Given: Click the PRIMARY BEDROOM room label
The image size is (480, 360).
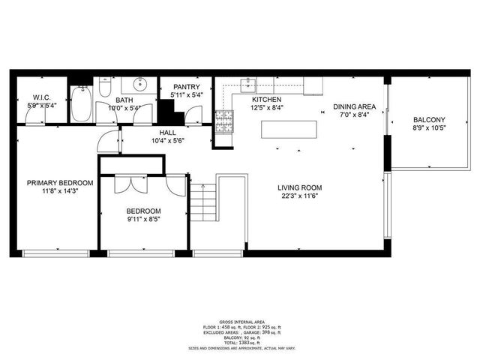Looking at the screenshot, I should [60, 183].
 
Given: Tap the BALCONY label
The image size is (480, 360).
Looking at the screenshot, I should [429, 120].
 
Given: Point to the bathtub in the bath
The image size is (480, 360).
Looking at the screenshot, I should [81, 106].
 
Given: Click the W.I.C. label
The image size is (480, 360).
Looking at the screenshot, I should [40, 97].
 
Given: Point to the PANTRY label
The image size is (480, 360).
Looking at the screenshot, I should [184, 86].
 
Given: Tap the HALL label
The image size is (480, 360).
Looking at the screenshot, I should [167, 131].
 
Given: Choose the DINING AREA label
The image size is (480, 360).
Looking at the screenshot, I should [354, 106].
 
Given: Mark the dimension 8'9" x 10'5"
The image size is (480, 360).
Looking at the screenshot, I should [429, 129].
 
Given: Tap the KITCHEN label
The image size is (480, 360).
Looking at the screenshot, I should [266, 100].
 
